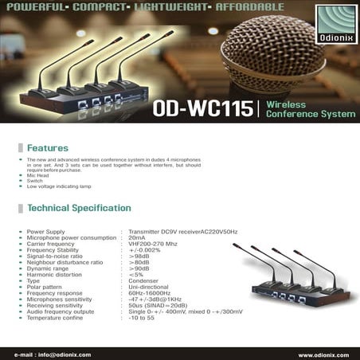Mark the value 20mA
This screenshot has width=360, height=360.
coord(137,237)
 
